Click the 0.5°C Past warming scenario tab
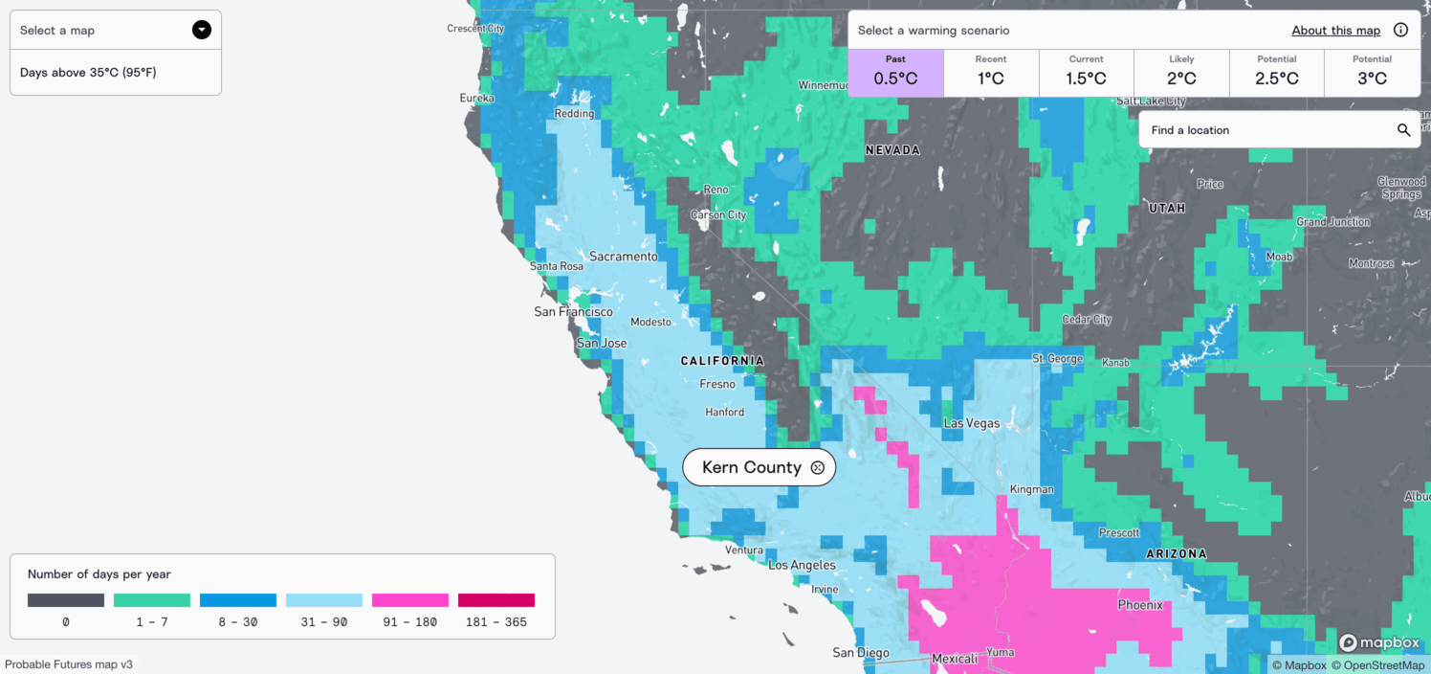tap(895, 73)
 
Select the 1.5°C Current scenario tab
tap(1086, 73)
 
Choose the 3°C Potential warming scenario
tap(1372, 73)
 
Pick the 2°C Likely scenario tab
tap(1181, 73)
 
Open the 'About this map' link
tap(1335, 31)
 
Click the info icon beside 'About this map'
tap(1400, 30)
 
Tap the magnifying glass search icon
tap(1403, 130)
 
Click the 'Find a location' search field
tap(1263, 130)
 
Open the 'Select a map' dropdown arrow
tap(201, 30)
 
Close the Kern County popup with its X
tap(817, 467)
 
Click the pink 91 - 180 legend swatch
tap(409, 600)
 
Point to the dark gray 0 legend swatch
tap(66, 600)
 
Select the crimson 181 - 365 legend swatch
tap(495, 600)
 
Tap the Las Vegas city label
tap(971, 423)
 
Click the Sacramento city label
tap(623, 257)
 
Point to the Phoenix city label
tap(1140, 605)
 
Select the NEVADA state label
tap(892, 150)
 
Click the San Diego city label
tap(861, 653)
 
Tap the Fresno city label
tap(717, 384)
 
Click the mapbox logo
tap(1379, 642)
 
